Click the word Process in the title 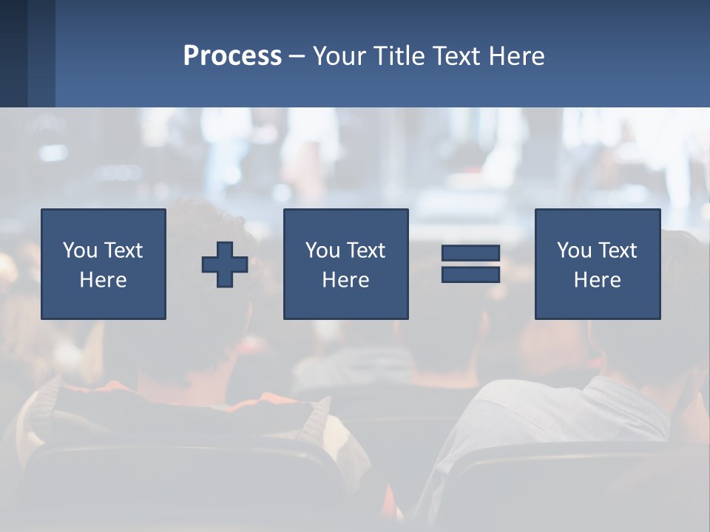pos(232,56)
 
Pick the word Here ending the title pos(517,56)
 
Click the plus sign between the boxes pos(225,265)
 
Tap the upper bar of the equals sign pos(470,253)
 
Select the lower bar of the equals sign pos(470,274)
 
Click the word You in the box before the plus pos(79,250)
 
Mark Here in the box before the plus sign pos(103,280)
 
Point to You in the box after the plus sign pos(322,250)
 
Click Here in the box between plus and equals pos(345,280)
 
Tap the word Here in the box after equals pos(597,280)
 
